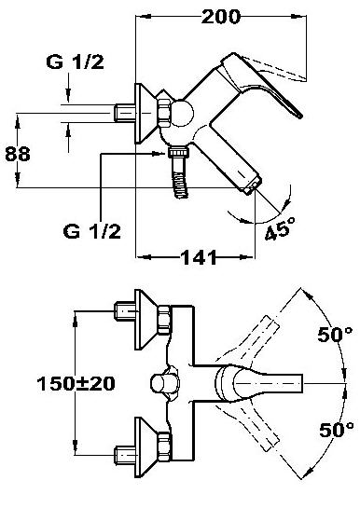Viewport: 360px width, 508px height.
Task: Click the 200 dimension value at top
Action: (x=221, y=17)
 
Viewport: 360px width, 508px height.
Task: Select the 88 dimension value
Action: (x=18, y=154)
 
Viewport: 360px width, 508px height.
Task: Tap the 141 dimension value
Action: (x=199, y=257)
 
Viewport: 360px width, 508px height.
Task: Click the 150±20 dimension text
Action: (x=76, y=384)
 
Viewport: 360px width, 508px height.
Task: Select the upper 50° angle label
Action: (x=335, y=334)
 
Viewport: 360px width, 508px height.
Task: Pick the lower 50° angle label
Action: (x=337, y=430)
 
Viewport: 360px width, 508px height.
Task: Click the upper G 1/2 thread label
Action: (x=76, y=62)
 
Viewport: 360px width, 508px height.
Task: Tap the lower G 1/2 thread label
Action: (x=92, y=231)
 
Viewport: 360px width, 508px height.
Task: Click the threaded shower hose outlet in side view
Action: (x=179, y=172)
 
